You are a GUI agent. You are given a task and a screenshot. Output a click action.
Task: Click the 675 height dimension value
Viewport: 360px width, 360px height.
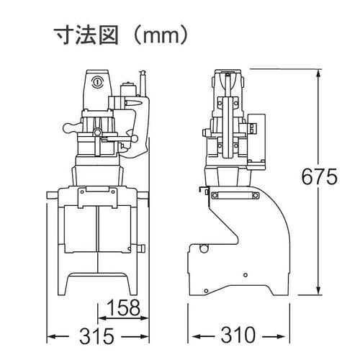[x=320, y=176]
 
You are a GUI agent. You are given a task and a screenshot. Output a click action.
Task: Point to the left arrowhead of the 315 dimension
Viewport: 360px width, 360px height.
[x=50, y=336]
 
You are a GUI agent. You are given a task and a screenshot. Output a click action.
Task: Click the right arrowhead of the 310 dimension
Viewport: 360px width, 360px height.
[x=286, y=336]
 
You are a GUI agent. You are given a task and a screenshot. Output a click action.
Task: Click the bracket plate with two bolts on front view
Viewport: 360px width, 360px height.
[x=97, y=192]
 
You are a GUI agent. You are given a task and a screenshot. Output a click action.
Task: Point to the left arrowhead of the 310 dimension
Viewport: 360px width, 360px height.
[x=192, y=336]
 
